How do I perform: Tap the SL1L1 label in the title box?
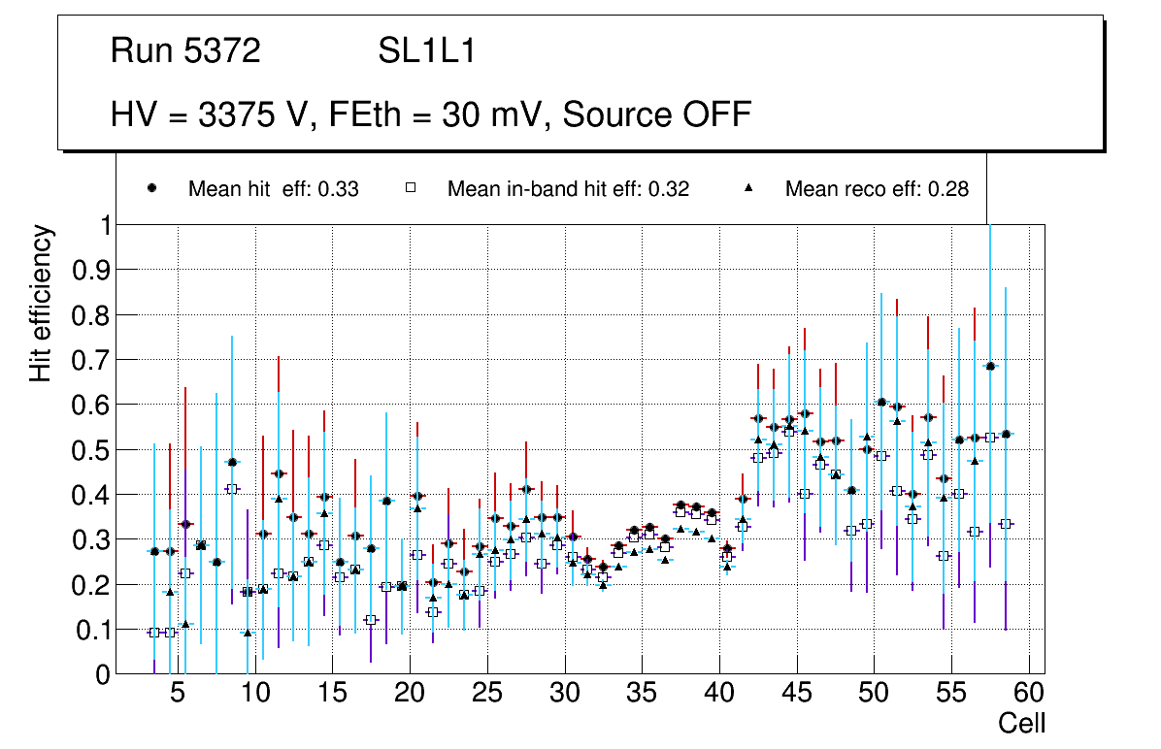426,51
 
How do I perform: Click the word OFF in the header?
715,114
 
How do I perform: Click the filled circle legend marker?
152,188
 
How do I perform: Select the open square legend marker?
411,188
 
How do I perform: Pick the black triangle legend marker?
748,188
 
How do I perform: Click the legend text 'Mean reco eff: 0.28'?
877,189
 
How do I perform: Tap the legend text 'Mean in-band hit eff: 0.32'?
568,189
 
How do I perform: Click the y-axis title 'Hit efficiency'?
41,303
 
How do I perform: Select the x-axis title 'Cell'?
1021,723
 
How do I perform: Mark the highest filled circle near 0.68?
991,366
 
